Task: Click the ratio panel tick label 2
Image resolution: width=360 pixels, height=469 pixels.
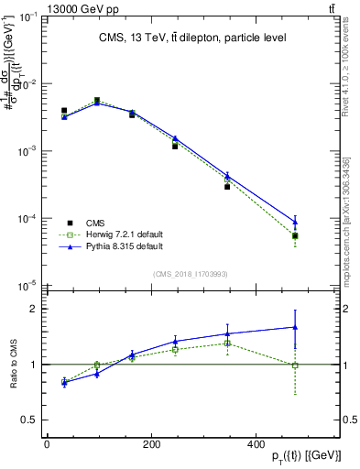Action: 32,309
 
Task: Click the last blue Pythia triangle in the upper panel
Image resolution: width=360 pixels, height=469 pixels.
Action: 295,221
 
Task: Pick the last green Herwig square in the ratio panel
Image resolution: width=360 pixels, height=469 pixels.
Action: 295,365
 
